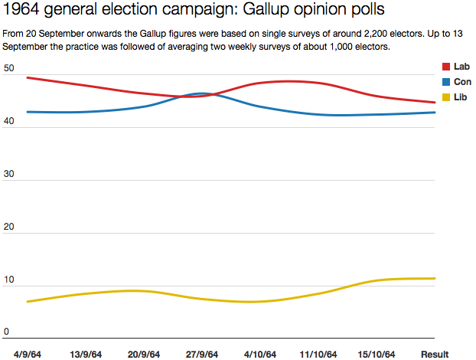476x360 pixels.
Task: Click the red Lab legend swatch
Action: click(x=448, y=67)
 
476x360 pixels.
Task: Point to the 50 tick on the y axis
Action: click(x=8, y=69)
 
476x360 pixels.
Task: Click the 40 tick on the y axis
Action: click(x=8, y=123)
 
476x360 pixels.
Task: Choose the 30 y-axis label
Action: click(x=8, y=175)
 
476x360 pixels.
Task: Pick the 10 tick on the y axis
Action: click(x=8, y=280)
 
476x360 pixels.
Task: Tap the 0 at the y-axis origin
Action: click(x=6, y=332)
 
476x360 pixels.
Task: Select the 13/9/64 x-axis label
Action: click(x=87, y=354)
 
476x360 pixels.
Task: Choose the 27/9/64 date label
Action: click(x=201, y=354)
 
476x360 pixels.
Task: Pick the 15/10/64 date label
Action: click(x=377, y=354)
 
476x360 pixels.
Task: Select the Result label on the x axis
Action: click(x=435, y=354)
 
